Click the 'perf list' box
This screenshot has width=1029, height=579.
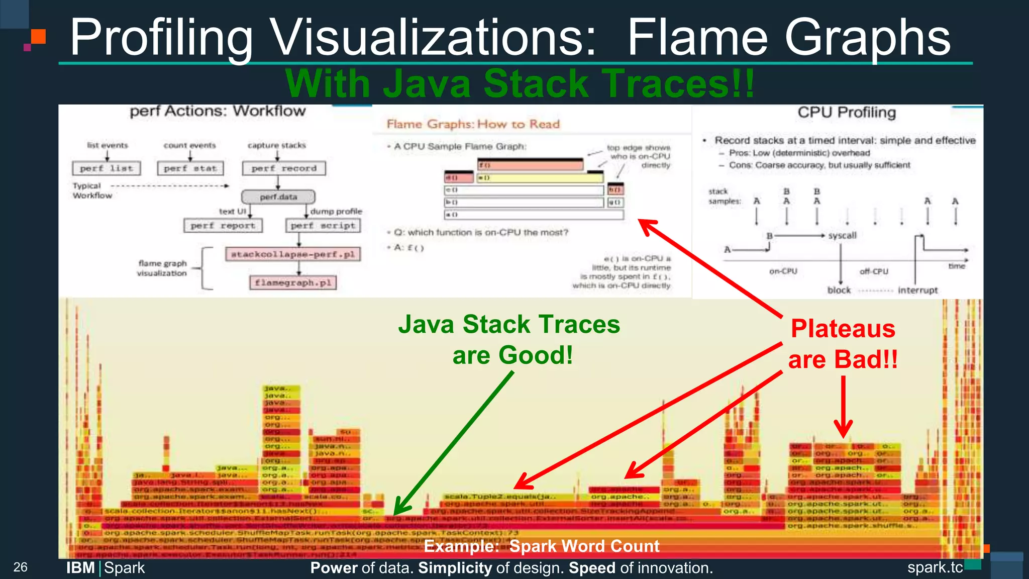(107, 168)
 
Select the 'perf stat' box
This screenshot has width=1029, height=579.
(190, 168)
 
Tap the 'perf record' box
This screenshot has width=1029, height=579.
(284, 168)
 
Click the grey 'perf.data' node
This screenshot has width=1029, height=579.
(278, 197)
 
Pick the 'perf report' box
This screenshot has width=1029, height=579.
(223, 226)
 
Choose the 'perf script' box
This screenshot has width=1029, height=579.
(323, 226)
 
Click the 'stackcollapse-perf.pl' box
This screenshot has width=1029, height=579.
(292, 254)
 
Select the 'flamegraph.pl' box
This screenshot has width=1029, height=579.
(292, 282)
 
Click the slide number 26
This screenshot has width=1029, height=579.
(20, 567)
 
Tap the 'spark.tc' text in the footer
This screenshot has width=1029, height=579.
(935, 567)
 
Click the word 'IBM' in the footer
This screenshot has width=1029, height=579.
(80, 568)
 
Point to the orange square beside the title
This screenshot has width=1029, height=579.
(38, 37)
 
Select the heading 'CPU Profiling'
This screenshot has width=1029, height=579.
(847, 113)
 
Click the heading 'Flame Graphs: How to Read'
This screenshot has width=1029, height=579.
(473, 124)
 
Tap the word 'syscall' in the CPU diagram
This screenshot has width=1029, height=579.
(842, 235)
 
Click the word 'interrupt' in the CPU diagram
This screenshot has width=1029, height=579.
(917, 290)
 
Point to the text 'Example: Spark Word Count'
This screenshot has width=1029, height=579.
(541, 546)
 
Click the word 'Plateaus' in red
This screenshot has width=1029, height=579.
(843, 329)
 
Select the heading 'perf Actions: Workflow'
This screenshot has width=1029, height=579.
(218, 111)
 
